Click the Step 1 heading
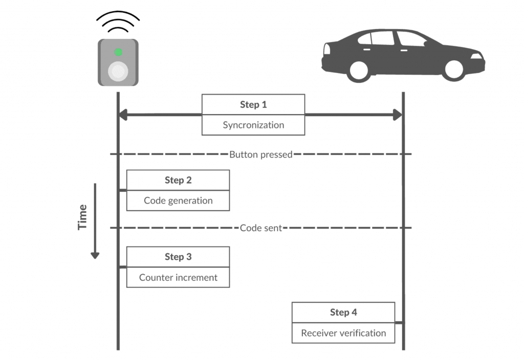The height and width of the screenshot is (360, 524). point(253,105)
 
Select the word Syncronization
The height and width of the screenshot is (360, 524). point(253,125)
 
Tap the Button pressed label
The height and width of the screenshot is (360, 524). point(261,154)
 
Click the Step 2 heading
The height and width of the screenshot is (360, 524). point(178,180)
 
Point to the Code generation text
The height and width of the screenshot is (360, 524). point(178,200)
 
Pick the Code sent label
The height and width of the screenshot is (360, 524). point(261,228)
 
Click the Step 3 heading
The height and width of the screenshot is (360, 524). point(178,257)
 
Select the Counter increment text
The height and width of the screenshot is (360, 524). point(178,278)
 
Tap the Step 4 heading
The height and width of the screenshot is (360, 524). point(343,312)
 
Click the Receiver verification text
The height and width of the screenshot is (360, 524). point(343,333)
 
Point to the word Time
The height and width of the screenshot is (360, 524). point(82,217)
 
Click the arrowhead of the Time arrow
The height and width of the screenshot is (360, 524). point(95,254)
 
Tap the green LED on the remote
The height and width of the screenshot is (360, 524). point(118,52)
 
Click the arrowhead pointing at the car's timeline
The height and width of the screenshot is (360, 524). point(398,115)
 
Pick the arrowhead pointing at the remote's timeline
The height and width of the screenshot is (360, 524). point(123,115)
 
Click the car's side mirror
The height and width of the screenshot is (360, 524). point(426,43)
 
